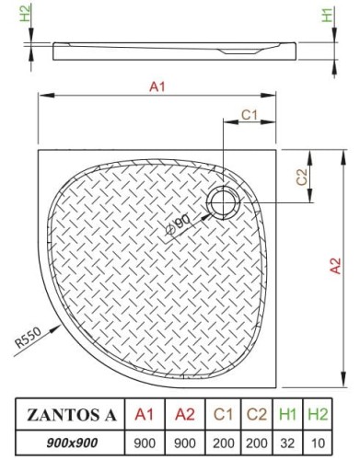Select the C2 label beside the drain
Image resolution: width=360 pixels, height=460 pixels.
[x=301, y=177]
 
